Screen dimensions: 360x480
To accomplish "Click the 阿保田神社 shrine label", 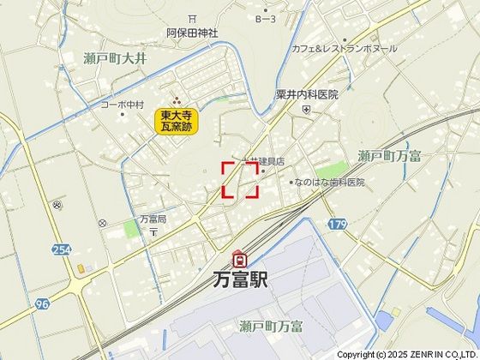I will pyautogui.click(x=192, y=33).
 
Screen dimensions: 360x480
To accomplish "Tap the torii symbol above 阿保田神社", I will pyautogui.click(x=192, y=18).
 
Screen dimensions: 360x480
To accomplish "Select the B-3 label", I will pyautogui.click(x=265, y=18).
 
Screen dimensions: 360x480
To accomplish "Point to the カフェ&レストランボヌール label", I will pyautogui.click(x=344, y=49).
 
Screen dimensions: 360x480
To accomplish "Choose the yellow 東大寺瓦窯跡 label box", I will pyautogui.click(x=177, y=121).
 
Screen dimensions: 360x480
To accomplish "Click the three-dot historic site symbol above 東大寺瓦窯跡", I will pyautogui.click(x=177, y=99).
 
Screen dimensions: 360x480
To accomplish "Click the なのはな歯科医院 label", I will pyautogui.click(x=330, y=183).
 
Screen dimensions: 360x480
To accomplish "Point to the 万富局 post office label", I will pyautogui.click(x=153, y=219).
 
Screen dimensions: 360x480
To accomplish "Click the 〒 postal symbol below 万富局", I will pyautogui.click(x=153, y=232).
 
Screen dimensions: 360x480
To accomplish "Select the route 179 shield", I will pyautogui.click(x=337, y=224).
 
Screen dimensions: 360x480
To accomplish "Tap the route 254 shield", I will pyautogui.click(x=60, y=249).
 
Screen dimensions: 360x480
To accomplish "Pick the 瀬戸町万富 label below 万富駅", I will pyautogui.click(x=272, y=325).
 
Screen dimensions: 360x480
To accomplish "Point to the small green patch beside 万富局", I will pyautogui.click(x=130, y=228).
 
